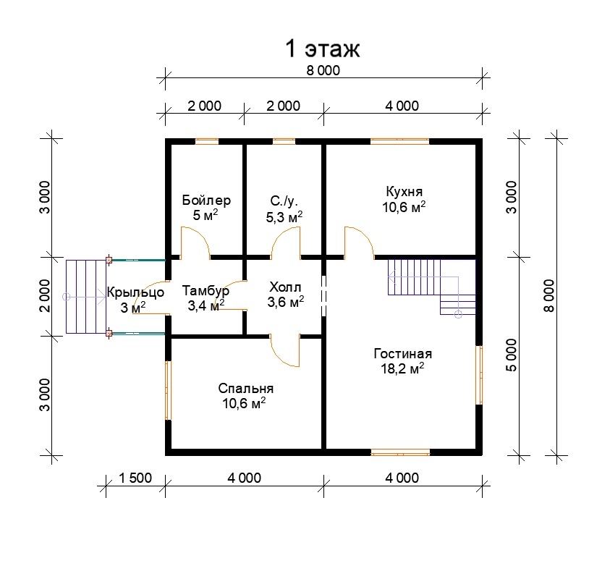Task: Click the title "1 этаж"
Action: point(323,48)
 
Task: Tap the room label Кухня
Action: point(404,191)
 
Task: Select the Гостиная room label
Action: point(402,354)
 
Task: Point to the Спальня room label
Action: point(245,388)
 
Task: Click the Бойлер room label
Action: point(206,200)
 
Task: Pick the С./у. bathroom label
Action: point(284,201)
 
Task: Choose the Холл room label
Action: point(285,287)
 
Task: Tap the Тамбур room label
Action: point(206,290)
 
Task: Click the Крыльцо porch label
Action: point(135,292)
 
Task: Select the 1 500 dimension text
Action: point(135,478)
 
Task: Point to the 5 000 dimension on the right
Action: point(512,355)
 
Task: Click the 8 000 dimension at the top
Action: point(323,70)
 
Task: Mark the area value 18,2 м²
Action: point(402,368)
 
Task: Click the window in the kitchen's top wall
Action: point(399,142)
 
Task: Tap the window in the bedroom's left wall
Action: point(168,391)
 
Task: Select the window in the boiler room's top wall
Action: point(206,142)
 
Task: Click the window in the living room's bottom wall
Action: point(400,452)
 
